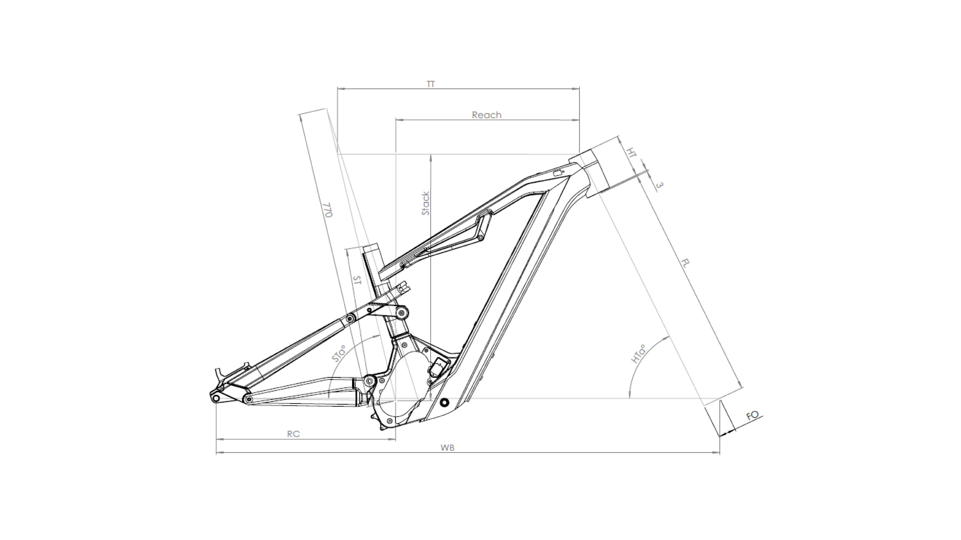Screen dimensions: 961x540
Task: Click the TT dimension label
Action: click(431, 84)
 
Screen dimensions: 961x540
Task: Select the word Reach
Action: click(486, 115)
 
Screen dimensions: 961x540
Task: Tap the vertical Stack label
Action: click(425, 203)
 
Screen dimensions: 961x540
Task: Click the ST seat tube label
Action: click(357, 280)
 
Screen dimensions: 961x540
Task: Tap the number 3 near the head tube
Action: click(660, 185)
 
